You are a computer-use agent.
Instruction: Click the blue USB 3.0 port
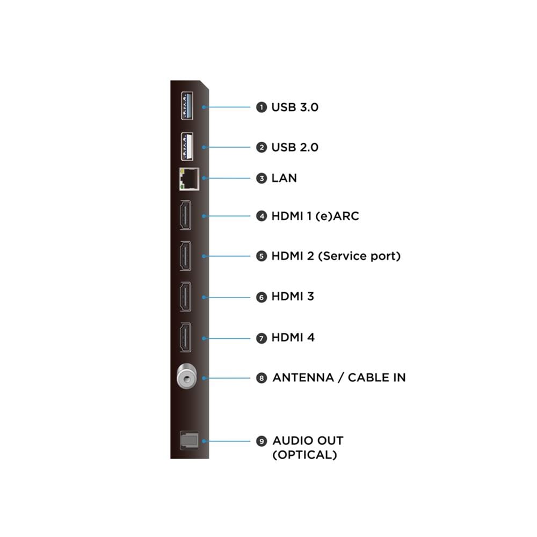point(187,106)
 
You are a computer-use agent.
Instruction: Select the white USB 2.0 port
point(187,146)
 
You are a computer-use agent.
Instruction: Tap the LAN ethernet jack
point(190,179)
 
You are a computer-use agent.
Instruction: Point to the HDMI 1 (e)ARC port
point(186,215)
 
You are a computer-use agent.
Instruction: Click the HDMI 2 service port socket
point(186,256)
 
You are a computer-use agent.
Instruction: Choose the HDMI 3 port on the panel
point(186,296)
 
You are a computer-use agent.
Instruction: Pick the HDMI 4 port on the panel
point(186,337)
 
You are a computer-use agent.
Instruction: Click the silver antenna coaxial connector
point(187,376)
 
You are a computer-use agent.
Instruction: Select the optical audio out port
point(190,440)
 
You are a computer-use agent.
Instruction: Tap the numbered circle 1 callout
point(262,107)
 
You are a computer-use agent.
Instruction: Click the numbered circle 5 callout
point(262,256)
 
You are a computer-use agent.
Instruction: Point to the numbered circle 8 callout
point(262,378)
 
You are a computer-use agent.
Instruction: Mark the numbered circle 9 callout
point(262,441)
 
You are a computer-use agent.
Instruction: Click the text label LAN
point(284,178)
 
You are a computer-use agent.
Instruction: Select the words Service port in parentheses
point(359,256)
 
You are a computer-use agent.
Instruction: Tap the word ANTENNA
point(303,378)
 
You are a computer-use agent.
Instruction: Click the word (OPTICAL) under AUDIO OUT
point(305,455)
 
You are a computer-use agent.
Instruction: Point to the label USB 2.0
point(295,147)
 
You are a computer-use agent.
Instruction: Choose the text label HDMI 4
point(293,337)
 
